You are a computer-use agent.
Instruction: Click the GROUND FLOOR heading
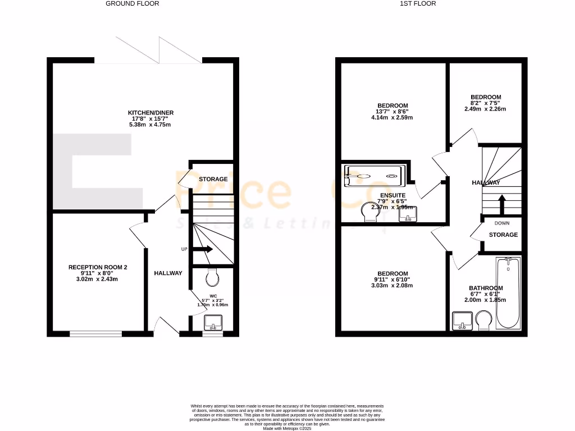tap(133, 3)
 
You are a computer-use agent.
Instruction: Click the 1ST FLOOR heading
tap(417, 3)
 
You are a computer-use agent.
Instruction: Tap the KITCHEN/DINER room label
tap(150, 113)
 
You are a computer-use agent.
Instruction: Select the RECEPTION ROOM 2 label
tap(94, 267)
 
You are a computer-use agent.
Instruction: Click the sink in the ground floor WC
tap(213, 322)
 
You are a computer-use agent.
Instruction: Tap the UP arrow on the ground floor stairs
tap(202, 249)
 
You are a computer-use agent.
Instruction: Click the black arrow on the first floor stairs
tap(501, 204)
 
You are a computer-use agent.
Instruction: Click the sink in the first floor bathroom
tap(463, 321)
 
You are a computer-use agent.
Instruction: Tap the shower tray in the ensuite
tap(373, 175)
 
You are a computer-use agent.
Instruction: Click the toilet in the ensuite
tap(369, 213)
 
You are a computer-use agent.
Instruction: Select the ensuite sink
tap(408, 214)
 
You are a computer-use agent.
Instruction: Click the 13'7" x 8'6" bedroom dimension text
tap(393, 112)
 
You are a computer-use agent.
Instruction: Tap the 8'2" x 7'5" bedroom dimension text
tap(485, 103)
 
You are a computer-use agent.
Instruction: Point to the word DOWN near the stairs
tap(502, 223)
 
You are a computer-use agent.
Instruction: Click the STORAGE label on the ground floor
tap(213, 179)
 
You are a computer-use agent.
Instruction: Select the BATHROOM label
tap(486, 288)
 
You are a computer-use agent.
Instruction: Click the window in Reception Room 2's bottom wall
tap(95, 334)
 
